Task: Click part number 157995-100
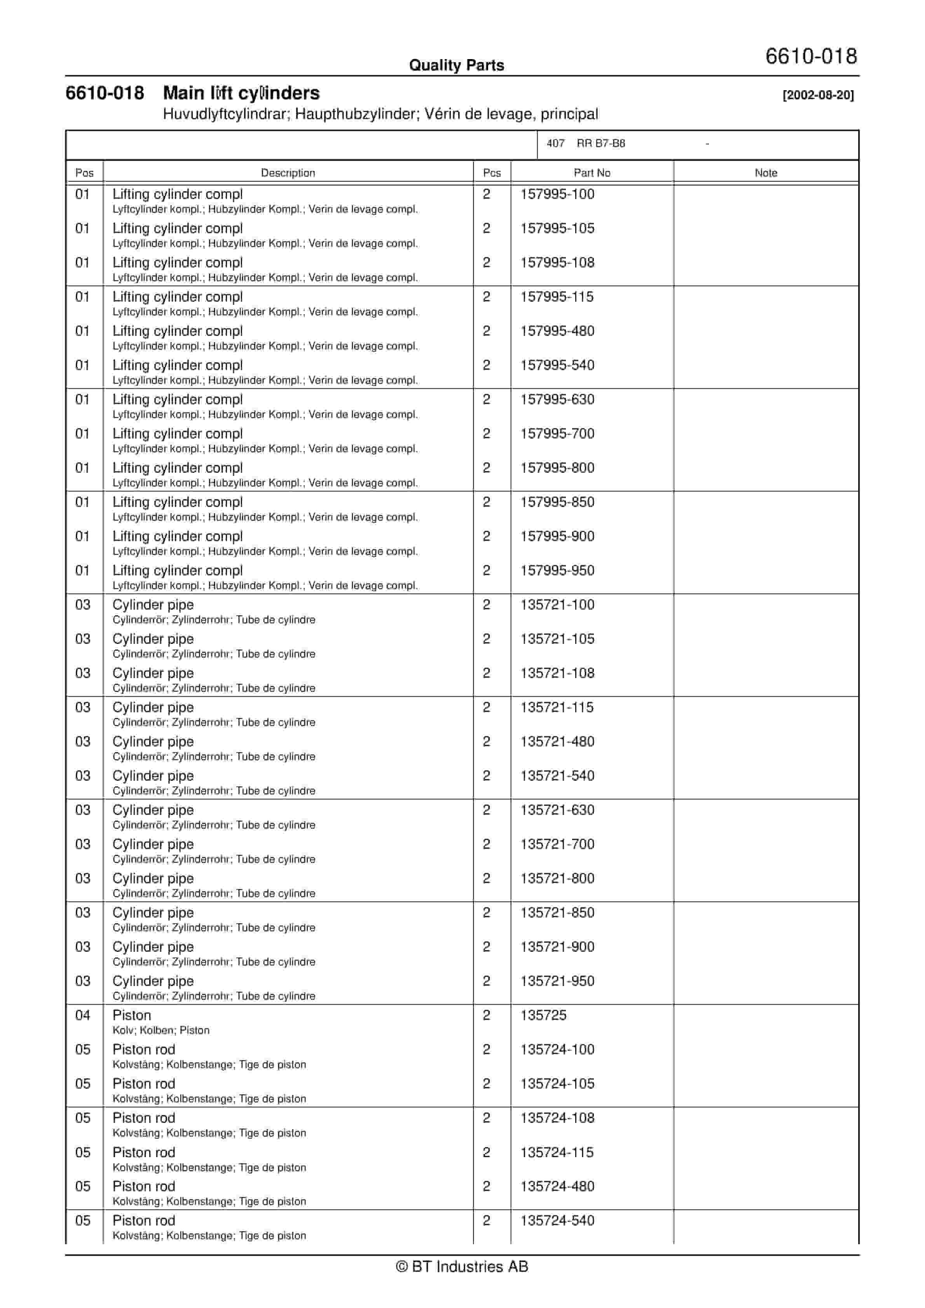[x=557, y=194]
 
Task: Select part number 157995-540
[x=557, y=365]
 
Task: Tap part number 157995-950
[x=557, y=570]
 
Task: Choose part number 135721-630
[x=557, y=810]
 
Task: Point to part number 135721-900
[x=557, y=946]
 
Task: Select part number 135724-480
[x=557, y=1186]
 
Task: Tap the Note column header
[x=766, y=173]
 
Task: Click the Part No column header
[x=592, y=173]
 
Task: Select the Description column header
[x=288, y=173]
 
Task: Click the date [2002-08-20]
[x=818, y=95]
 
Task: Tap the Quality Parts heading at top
[x=456, y=65]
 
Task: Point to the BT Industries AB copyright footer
[x=462, y=1266]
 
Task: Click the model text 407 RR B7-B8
[x=586, y=143]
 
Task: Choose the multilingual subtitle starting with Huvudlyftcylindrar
[x=380, y=114]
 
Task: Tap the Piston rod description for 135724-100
[x=143, y=1049]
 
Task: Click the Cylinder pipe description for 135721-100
[x=153, y=605]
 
